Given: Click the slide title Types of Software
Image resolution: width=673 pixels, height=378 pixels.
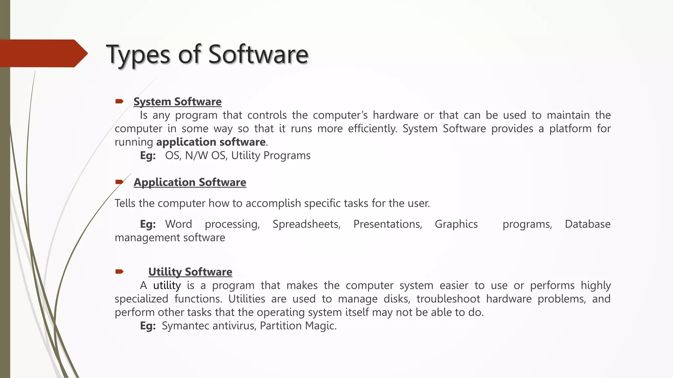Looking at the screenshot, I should coord(207,54).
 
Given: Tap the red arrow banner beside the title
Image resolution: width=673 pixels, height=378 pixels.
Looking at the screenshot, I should coord(43,53).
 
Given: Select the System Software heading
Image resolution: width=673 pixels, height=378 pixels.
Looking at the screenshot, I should coord(177,102).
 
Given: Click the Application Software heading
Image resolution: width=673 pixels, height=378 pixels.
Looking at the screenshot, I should coord(190,182).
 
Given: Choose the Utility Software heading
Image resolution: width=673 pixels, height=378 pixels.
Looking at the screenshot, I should coord(190,272).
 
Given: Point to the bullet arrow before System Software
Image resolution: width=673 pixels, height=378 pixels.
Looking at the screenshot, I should coord(119,101).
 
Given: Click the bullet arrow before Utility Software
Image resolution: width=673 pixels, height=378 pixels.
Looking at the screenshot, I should coord(119,271).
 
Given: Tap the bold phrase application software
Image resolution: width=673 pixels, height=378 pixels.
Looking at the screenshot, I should coord(211,142).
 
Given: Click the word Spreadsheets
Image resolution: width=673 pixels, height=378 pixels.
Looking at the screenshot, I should coord(306,224).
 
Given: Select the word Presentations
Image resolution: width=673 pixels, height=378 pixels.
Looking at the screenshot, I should coord(387,224).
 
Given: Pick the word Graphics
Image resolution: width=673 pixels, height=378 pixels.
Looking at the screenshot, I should coord(456,224).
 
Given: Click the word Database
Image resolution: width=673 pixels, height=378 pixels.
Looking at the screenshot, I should coord(588,224).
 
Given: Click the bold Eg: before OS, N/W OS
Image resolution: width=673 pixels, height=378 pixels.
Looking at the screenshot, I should coord(148,156).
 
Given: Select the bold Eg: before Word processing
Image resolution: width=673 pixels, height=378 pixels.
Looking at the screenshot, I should coord(148,224).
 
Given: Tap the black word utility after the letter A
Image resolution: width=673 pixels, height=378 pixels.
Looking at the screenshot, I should coord(167,285).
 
